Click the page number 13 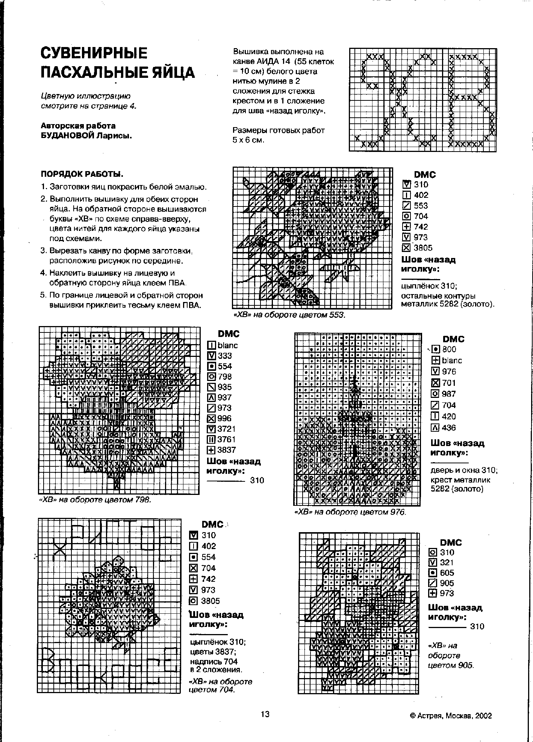[x=265, y=714]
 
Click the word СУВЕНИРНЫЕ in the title [x=94, y=53]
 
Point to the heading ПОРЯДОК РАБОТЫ [x=82, y=174]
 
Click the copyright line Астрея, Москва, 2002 [x=451, y=716]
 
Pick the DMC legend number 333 [x=225, y=356]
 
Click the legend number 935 [x=225, y=387]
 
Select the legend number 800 [x=449, y=349]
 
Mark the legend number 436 [x=449, y=428]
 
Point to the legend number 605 [x=447, y=573]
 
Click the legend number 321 [x=447, y=563]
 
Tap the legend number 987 [x=449, y=394]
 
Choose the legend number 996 [x=225, y=418]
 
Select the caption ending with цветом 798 [x=95, y=500]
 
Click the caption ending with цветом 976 [x=350, y=512]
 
